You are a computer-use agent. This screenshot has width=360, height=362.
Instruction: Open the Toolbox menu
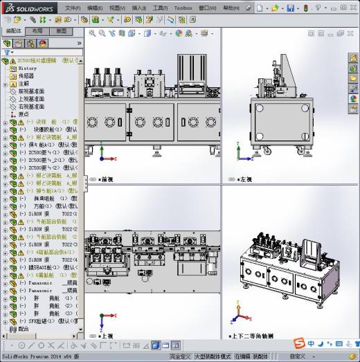pos(183,8)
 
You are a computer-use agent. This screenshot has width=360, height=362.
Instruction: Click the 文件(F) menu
pos(73,8)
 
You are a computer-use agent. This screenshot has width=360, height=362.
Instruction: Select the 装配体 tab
pos(14,31)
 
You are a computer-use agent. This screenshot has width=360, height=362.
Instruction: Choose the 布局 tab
pos(37,31)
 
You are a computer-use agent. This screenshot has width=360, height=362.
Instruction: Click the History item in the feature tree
pos(27,69)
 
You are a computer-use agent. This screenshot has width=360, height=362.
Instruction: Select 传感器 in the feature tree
pos(26,76)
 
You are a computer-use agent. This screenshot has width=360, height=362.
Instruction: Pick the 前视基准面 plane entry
pos(32,91)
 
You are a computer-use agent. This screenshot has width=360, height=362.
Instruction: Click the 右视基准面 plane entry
pos(32,107)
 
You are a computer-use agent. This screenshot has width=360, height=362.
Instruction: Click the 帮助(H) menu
pos(232,8)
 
